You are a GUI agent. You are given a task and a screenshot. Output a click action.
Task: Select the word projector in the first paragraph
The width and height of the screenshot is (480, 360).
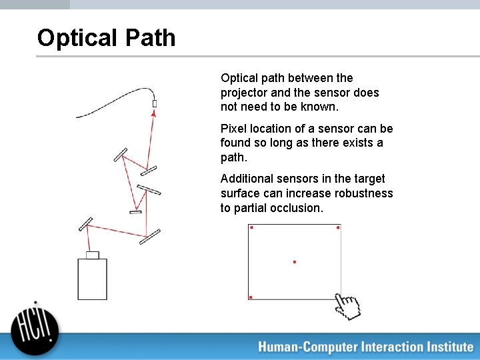[x=243, y=93]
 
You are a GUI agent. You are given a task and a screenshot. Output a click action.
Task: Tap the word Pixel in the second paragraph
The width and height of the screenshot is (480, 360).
[x=233, y=128]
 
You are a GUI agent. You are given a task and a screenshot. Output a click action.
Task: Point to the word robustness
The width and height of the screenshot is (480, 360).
[x=366, y=193]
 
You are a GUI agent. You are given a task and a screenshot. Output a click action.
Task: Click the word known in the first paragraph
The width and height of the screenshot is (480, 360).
[x=321, y=107]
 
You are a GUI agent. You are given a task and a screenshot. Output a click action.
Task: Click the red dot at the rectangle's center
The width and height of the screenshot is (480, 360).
[x=295, y=262]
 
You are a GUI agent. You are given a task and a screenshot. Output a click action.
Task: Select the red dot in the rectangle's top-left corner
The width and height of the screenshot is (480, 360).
[x=251, y=227]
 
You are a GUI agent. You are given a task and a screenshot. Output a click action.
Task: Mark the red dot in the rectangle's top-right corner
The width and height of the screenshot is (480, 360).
[x=338, y=227]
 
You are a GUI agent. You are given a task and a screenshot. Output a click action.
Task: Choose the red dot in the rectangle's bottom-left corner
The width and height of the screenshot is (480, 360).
[x=251, y=297]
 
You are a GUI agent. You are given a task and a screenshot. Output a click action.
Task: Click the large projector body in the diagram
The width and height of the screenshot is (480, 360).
[x=92, y=279]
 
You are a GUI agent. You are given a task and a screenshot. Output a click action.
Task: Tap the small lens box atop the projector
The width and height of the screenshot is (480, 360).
[x=93, y=255]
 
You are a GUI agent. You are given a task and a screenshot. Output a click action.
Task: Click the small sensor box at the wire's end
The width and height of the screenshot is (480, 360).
[x=155, y=103]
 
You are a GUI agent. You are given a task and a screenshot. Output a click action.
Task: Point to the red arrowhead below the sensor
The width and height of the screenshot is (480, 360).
[x=154, y=115]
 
